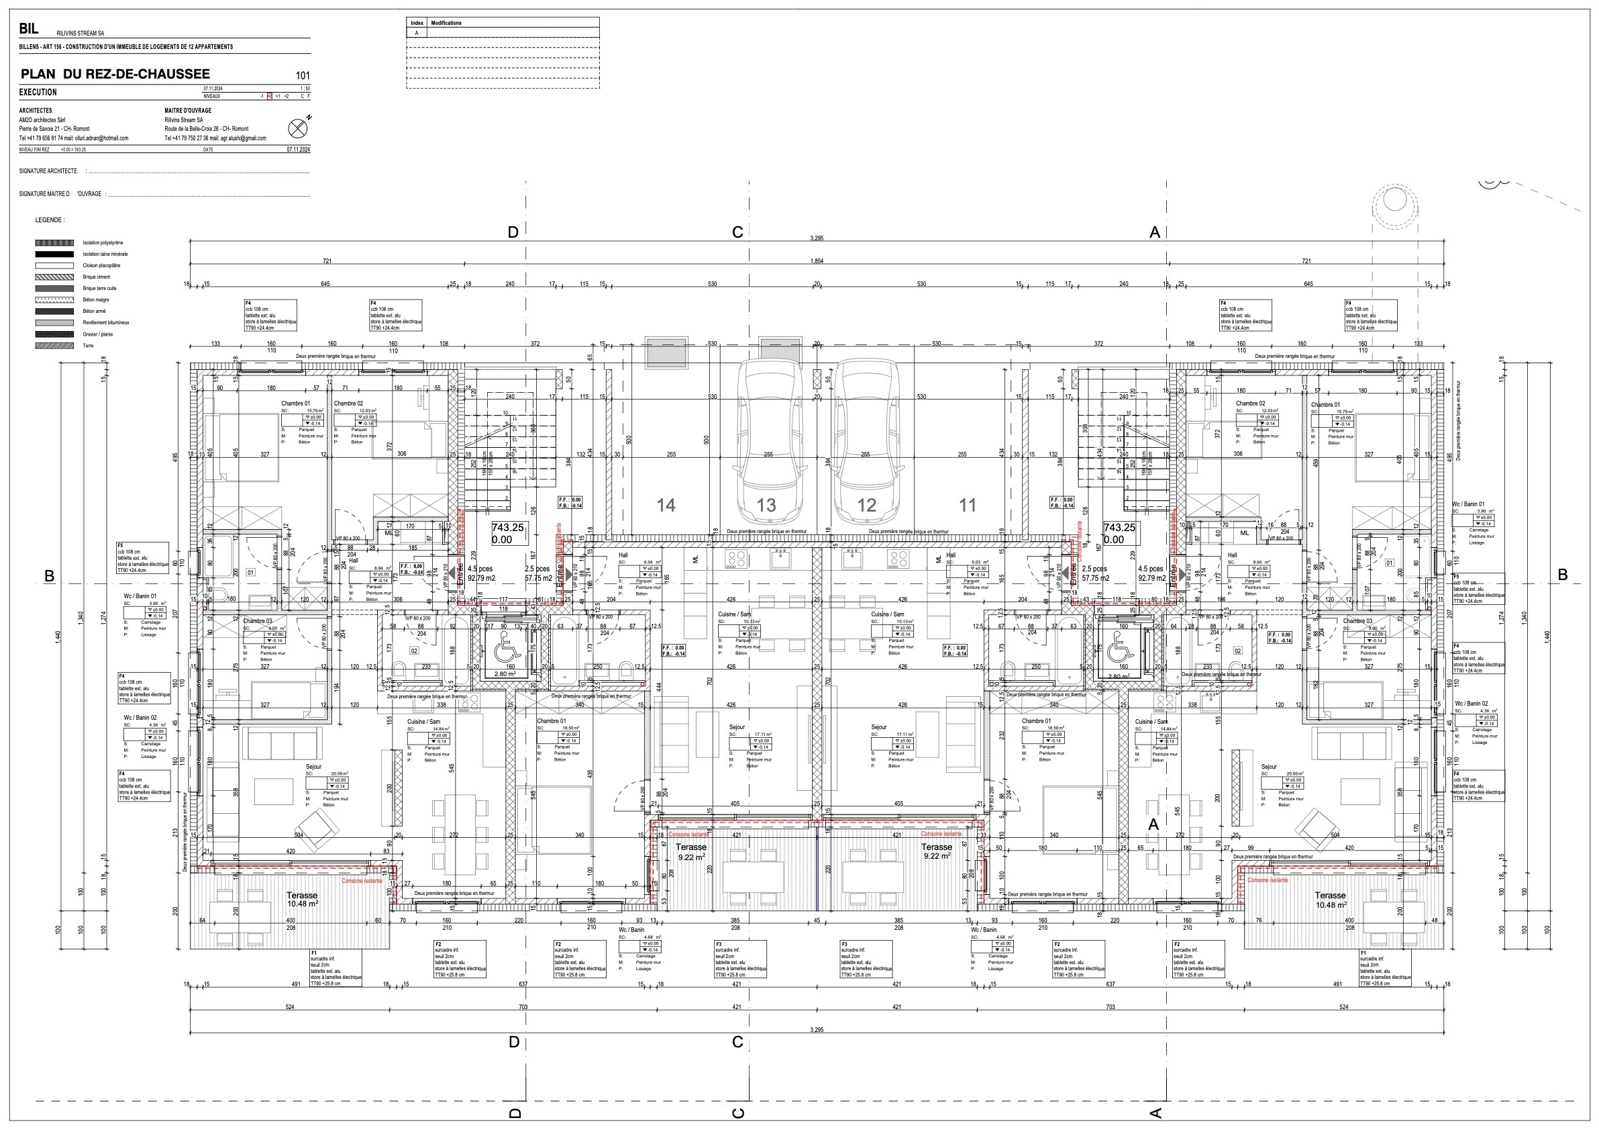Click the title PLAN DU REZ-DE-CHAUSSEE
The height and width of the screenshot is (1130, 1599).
point(115,74)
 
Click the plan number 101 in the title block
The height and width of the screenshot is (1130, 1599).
point(302,75)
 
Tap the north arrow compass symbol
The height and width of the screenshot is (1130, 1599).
point(297,128)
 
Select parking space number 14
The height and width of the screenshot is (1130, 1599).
point(666,505)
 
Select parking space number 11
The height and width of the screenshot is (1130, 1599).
point(968,505)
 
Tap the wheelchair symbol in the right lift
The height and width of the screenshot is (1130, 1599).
point(1119,651)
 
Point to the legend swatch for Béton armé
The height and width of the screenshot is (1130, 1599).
point(54,312)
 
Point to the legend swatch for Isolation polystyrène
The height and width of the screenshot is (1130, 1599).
point(54,242)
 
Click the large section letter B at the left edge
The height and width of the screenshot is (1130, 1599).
point(50,575)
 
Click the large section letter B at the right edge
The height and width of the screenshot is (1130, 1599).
point(1562,575)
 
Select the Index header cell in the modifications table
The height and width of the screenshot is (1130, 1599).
point(417,23)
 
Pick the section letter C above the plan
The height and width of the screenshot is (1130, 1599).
point(737,232)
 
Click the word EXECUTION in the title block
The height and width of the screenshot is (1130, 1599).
point(38,92)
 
